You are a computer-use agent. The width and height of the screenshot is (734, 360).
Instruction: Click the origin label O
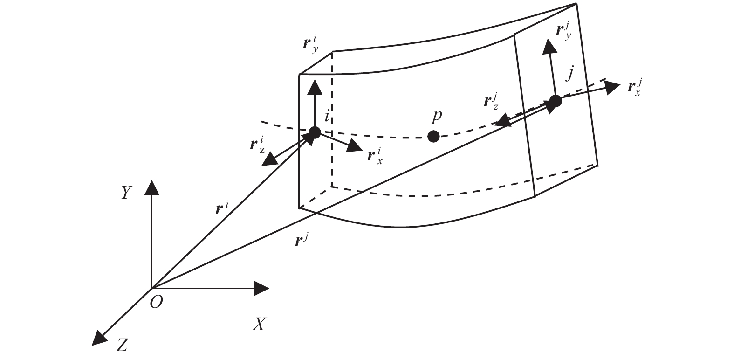(157, 302)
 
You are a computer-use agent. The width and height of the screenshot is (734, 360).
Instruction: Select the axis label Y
(125, 192)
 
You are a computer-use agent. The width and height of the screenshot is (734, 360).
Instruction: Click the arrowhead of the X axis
(262, 288)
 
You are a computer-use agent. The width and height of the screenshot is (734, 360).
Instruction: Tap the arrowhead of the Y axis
(151, 187)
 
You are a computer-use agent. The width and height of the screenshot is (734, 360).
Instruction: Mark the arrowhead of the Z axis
(99, 338)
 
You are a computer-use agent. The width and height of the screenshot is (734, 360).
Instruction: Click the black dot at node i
(315, 132)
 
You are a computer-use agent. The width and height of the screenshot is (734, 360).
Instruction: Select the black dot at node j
(555, 101)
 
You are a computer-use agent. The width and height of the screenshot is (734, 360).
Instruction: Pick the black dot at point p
(433, 136)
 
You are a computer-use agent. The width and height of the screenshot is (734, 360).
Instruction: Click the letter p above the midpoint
(436, 116)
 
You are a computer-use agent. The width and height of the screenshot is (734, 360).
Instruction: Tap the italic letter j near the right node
(569, 74)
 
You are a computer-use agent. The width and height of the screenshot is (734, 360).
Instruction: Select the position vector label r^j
(302, 240)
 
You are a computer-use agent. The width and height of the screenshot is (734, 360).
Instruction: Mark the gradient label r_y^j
(564, 31)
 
